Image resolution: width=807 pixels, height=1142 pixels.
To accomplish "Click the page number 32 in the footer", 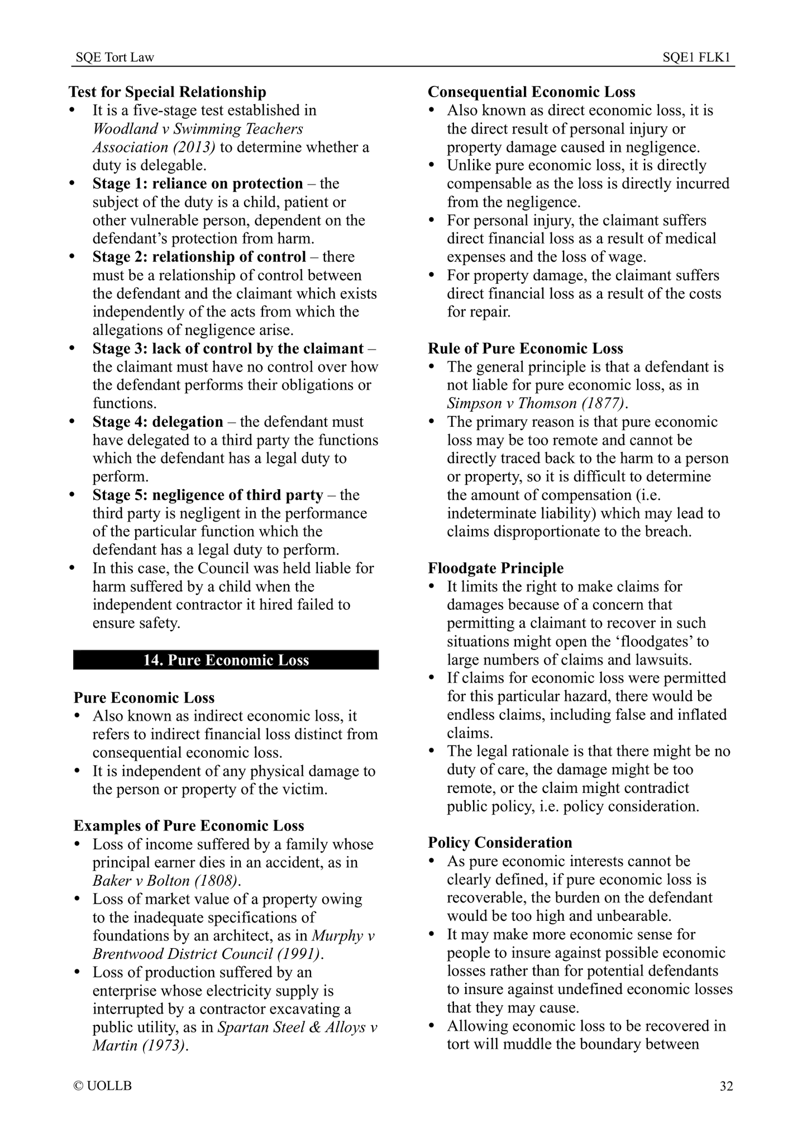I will click(x=725, y=1086).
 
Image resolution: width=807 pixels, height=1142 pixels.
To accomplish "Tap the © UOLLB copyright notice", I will click(x=103, y=1086).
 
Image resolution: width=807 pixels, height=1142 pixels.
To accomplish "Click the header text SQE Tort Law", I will click(x=114, y=58).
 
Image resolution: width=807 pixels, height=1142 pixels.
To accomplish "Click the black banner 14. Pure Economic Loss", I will click(x=226, y=660).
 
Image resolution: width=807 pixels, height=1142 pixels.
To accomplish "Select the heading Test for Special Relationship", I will click(x=168, y=92).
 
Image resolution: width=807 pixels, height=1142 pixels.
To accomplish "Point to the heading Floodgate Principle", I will click(x=496, y=568).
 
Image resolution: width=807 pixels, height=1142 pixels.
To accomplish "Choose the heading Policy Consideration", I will click(x=500, y=843).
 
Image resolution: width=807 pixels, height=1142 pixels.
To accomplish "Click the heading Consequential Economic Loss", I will click(x=532, y=92).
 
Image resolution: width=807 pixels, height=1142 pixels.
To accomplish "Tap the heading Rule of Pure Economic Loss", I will click(x=526, y=348).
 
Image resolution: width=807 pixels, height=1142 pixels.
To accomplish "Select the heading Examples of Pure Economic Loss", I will click(x=189, y=826).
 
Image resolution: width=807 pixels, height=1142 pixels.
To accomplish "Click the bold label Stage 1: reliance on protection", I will click(x=198, y=184).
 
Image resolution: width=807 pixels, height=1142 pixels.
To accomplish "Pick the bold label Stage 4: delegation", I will click(x=157, y=422).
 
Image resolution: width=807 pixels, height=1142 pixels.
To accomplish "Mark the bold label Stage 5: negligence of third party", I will click(x=208, y=495).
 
